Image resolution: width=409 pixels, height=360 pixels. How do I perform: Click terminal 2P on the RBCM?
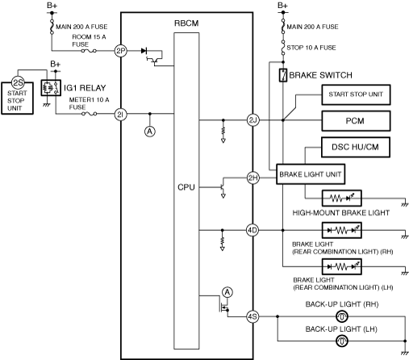tap(121, 51)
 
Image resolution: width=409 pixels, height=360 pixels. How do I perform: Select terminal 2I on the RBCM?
tap(121, 115)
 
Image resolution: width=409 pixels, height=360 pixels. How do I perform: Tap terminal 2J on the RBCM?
tap(253, 120)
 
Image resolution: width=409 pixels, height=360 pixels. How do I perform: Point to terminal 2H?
tap(253, 178)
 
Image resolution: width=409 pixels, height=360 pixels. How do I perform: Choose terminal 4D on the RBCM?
tap(252, 230)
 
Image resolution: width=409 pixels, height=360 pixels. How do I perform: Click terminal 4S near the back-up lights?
tap(252, 316)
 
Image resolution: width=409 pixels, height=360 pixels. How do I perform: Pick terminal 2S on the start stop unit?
tap(18, 82)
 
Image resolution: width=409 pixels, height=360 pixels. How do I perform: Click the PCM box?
tap(356, 121)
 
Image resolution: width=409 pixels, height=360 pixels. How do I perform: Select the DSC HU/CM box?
tap(356, 147)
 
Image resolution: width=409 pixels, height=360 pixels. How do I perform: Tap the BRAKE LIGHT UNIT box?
tap(311, 174)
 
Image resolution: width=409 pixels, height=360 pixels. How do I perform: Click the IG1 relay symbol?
tap(51, 88)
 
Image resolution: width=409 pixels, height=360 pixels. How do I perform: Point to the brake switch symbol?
tap(283, 75)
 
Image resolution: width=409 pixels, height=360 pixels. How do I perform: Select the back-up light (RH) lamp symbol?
tap(342, 316)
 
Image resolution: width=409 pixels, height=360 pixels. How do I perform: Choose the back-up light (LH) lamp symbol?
tap(342, 341)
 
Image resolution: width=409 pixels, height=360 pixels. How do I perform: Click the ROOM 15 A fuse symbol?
tap(89, 51)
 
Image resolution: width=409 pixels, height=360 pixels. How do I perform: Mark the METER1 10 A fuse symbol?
tap(89, 114)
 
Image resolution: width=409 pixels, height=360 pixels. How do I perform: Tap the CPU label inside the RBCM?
tap(186, 187)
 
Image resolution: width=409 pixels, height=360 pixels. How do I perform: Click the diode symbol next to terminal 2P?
tap(144, 51)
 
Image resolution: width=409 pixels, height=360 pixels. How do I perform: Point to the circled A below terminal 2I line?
tap(150, 132)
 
